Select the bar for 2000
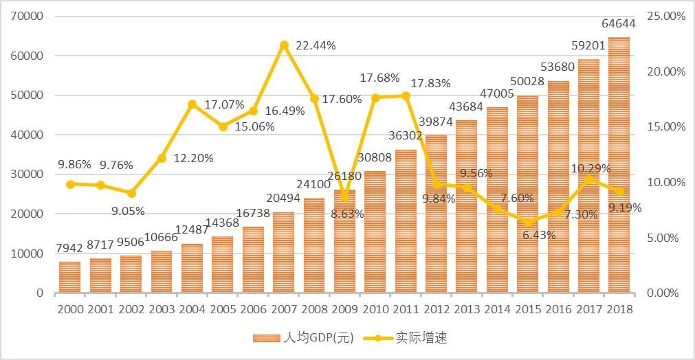[69, 277]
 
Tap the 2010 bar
[375, 232]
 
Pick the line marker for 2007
[283, 45]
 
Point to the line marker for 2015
[527, 222]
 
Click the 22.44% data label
[316, 45]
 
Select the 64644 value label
[618, 23]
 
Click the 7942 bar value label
[69, 249]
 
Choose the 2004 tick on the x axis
[192, 309]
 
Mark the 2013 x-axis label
[466, 309]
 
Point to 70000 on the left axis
[27, 16]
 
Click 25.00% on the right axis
[666, 16]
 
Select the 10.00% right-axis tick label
[666, 182]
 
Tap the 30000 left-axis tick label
[27, 174]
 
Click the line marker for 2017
[588, 179]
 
